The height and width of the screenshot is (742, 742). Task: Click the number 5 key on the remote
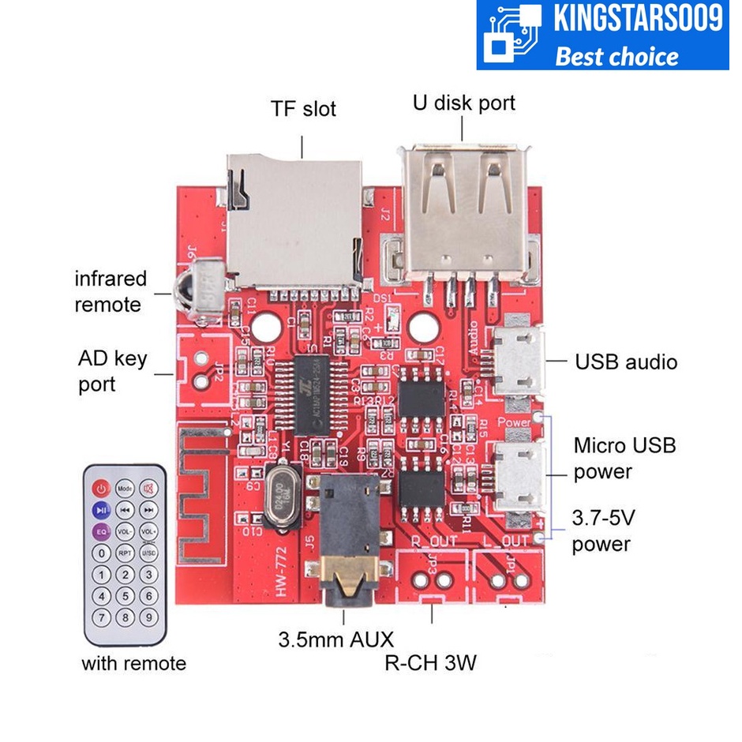125,596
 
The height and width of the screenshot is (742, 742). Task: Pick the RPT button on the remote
125,553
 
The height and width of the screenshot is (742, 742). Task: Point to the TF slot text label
303,109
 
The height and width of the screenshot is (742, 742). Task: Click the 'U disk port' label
464,103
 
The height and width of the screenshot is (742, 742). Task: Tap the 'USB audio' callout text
626,362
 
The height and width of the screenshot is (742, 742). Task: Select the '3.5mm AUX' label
335,639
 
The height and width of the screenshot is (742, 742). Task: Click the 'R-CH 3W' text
430,662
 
